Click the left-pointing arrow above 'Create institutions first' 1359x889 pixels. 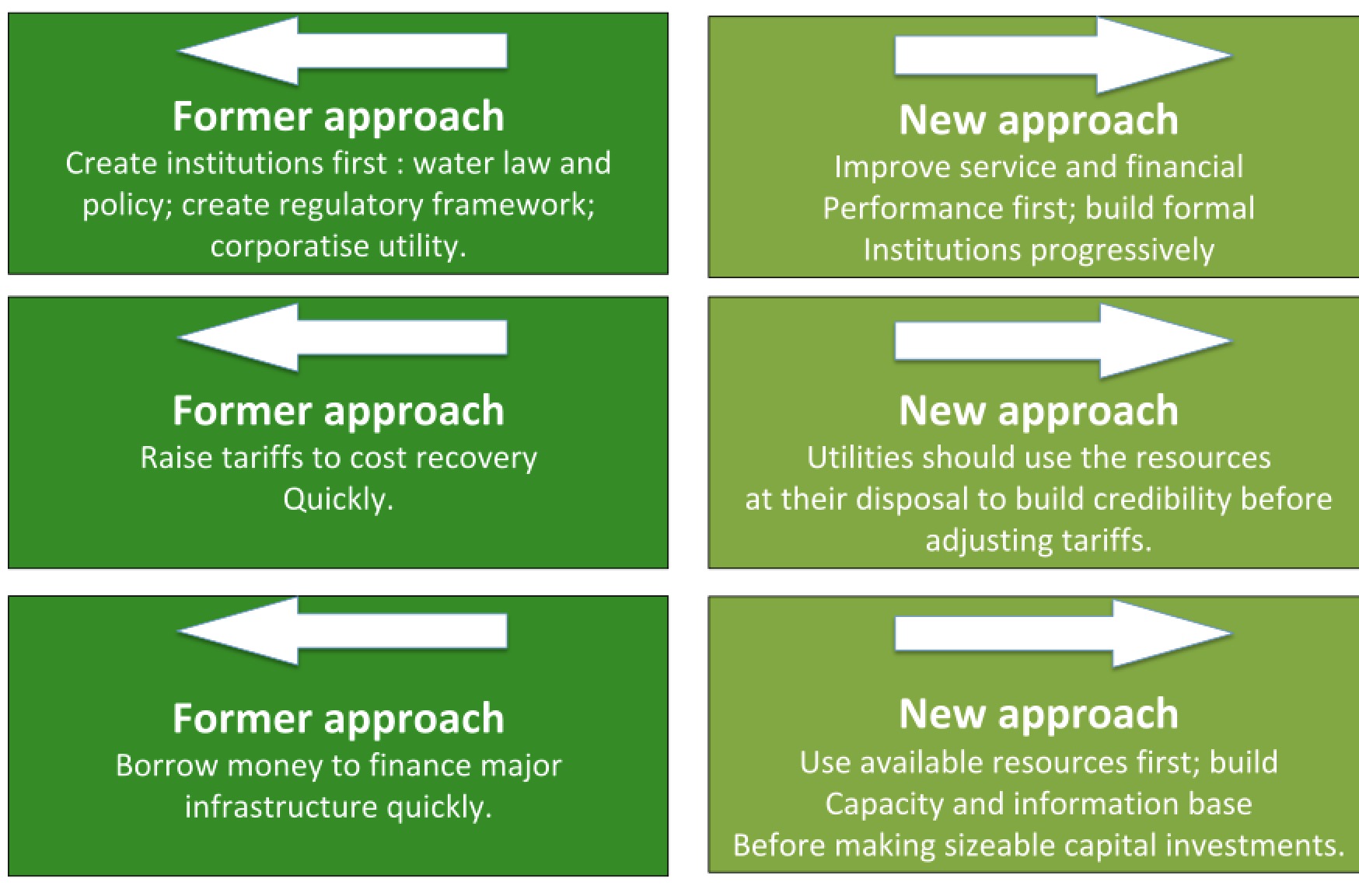(x=342, y=51)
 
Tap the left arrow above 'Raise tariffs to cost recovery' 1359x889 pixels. (x=342, y=337)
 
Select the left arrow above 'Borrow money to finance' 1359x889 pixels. (x=342, y=631)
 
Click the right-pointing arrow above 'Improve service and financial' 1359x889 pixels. (x=1063, y=55)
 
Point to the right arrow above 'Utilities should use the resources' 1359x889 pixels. (x=1063, y=340)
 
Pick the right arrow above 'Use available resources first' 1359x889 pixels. (x=1063, y=633)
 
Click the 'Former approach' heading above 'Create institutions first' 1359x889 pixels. (x=338, y=117)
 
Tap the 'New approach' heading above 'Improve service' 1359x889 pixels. (x=1039, y=121)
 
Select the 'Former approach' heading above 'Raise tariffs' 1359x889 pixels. (x=338, y=412)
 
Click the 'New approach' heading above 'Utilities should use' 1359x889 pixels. (x=1039, y=412)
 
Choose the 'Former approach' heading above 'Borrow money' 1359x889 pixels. (x=338, y=719)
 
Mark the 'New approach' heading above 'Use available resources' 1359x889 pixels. (x=1039, y=715)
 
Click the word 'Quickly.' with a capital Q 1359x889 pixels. (x=338, y=500)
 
